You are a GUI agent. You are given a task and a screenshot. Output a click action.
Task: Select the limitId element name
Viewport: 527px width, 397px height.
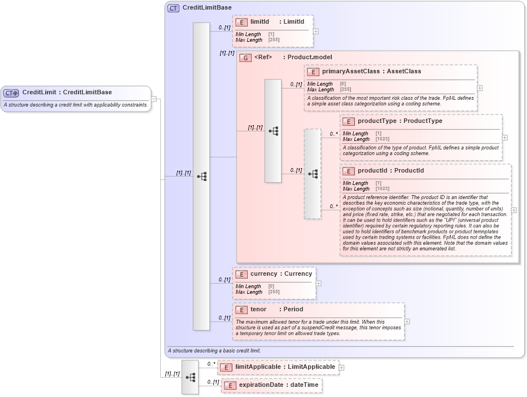click(x=260, y=22)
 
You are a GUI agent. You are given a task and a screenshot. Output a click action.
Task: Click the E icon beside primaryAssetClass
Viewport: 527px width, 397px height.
click(x=313, y=72)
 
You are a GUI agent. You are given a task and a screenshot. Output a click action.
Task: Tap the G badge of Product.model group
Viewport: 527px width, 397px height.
click(x=245, y=58)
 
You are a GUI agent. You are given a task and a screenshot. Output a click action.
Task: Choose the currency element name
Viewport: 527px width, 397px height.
click(x=263, y=274)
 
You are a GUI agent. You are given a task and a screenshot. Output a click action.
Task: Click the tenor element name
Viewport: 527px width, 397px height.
click(x=258, y=310)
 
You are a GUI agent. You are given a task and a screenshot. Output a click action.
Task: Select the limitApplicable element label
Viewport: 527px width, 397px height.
click(x=258, y=367)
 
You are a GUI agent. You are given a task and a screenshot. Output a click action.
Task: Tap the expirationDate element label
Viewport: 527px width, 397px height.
click(x=261, y=385)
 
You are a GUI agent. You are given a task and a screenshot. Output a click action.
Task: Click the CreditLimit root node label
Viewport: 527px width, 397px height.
click(x=42, y=92)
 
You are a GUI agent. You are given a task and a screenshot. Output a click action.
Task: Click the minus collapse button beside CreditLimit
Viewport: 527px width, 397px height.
click(x=154, y=99)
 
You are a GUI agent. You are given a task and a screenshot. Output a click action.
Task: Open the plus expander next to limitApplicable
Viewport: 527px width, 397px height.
click(x=341, y=368)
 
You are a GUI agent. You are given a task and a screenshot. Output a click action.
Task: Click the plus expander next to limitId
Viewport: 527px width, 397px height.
click(x=315, y=31)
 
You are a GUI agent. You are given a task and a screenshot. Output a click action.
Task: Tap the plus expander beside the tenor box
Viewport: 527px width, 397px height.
click(x=407, y=321)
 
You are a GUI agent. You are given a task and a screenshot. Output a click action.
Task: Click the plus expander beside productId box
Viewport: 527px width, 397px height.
click(x=513, y=210)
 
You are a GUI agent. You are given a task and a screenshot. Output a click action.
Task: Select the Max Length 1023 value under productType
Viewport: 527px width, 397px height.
click(x=382, y=139)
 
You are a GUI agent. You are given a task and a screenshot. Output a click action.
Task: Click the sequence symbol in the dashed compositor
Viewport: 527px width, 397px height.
click(x=313, y=174)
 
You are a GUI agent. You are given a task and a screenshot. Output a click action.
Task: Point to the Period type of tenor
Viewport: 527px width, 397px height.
click(x=293, y=310)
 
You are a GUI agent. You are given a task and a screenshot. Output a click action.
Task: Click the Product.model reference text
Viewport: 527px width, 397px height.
click(x=310, y=58)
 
